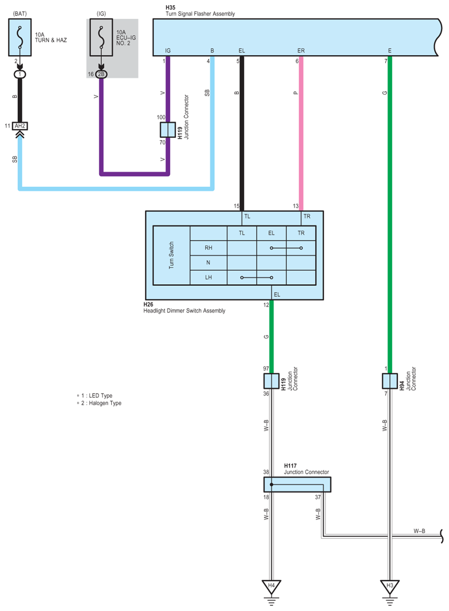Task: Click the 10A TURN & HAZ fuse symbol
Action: click(20, 35)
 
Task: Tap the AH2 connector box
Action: click(20, 126)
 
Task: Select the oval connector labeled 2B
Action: click(101, 75)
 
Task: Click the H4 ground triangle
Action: click(271, 586)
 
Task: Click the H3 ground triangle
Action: click(390, 586)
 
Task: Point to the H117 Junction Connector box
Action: click(297, 485)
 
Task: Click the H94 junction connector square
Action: click(390, 380)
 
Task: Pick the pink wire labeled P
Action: click(301, 131)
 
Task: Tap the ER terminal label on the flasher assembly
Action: click(301, 51)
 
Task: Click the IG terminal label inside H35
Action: click(168, 51)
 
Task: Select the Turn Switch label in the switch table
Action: click(172, 255)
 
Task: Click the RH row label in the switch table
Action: click(208, 248)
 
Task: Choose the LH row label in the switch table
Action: click(208, 277)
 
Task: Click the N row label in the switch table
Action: click(208, 263)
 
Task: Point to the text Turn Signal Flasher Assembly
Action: click(200, 14)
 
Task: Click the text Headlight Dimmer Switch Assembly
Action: click(184, 311)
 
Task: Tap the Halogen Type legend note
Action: click(101, 403)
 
